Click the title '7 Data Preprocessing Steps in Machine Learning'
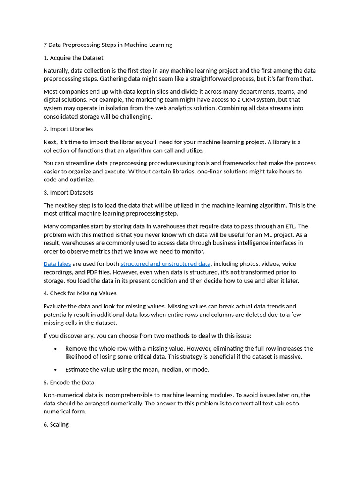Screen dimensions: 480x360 pos(108,45)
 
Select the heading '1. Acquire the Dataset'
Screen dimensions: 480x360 pos(73,58)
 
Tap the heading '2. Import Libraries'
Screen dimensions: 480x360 pos(68,129)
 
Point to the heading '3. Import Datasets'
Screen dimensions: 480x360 pos(68,192)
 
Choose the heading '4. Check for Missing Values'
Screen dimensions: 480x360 pos(80,293)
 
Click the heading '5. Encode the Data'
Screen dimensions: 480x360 pos(69,382)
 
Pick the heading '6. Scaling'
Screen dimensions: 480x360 pos(56,424)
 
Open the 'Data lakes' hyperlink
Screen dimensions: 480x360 pos(57,264)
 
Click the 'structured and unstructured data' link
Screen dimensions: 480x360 pos(165,264)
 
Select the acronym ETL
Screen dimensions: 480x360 pos(302,226)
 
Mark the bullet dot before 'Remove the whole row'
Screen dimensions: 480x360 pos(56,349)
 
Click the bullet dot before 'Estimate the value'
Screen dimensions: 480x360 pos(56,370)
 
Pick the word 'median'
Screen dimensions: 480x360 pos(172,370)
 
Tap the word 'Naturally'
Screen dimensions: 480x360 pos(56,70)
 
